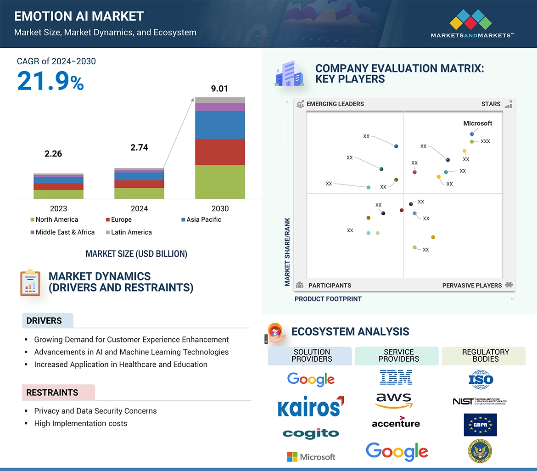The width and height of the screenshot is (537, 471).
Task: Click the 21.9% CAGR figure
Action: click(50, 81)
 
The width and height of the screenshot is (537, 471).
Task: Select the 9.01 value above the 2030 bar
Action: click(219, 89)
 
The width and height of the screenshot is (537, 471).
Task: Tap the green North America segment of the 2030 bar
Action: click(220, 182)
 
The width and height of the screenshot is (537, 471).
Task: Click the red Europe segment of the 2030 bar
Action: click(220, 152)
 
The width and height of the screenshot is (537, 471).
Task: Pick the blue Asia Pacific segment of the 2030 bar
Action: click(220, 125)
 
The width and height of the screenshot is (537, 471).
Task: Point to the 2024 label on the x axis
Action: click(139, 208)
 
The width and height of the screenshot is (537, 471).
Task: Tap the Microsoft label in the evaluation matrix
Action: click(477, 123)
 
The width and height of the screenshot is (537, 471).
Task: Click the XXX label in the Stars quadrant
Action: click(485, 141)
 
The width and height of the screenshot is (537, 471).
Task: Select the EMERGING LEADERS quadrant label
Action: click(335, 104)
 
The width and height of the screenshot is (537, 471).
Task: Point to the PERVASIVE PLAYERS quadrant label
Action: click(472, 286)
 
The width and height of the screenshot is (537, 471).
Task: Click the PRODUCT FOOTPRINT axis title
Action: click(328, 299)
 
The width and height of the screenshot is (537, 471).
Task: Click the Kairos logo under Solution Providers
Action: click(310, 407)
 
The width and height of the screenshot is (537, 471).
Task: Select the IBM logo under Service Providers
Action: click(396, 377)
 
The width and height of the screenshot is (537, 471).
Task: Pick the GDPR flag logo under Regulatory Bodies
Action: click(480, 425)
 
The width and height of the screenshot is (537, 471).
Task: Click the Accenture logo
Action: click(396, 422)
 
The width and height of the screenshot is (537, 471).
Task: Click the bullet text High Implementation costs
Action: click(80, 423)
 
